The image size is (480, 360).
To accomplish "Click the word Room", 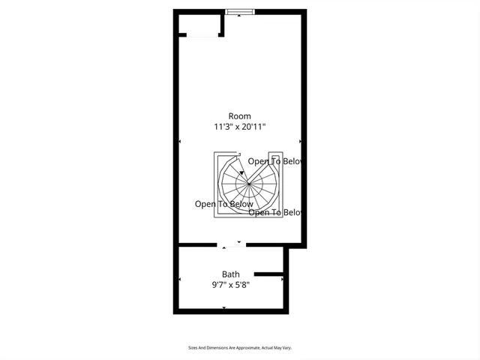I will click(240, 116).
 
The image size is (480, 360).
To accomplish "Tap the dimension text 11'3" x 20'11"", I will click(240, 127).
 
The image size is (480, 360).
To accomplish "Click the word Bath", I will click(230, 274).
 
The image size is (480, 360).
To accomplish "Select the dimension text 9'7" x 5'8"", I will click(230, 285).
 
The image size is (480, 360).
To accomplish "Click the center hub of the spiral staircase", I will click(247, 182).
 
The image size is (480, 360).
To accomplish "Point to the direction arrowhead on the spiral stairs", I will click(241, 172).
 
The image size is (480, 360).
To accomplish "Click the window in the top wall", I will click(240, 11).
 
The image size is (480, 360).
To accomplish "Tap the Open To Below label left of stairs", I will click(224, 204).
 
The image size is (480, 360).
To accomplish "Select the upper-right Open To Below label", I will click(275, 161).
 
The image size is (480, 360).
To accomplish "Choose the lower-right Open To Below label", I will click(275, 212).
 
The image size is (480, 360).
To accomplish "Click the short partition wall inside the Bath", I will click(268, 274).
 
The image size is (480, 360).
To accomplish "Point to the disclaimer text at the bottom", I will click(240, 348).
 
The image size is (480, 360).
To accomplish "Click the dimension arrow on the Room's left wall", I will click(180, 141).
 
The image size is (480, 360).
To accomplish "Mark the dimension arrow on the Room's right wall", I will click(300, 141).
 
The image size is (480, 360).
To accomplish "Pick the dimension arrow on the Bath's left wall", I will click(180, 280).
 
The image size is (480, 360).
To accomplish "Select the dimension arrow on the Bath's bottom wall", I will click(224, 307).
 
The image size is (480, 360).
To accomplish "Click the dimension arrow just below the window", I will click(239, 16).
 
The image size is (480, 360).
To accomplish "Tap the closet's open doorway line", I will click(202, 35).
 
